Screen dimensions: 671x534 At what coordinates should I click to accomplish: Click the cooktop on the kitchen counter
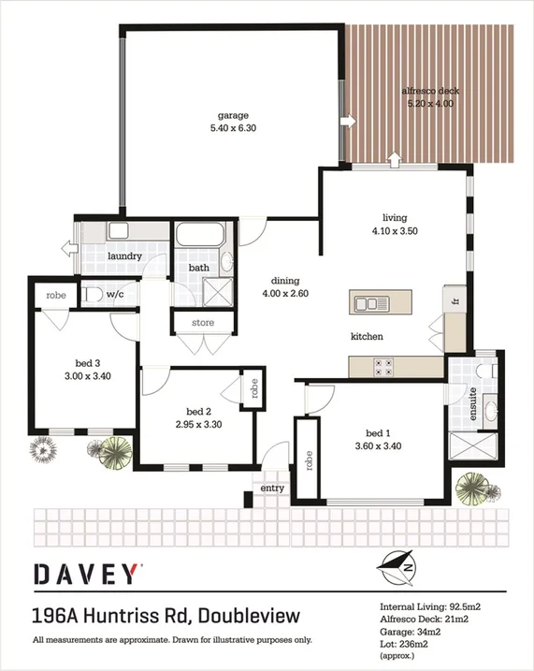click(x=383, y=366)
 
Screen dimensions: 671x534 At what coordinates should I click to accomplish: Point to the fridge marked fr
click(x=455, y=302)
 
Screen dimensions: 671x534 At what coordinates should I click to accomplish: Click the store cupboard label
click(x=202, y=323)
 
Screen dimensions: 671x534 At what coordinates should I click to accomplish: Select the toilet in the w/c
click(x=91, y=294)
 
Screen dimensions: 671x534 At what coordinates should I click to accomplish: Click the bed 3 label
click(x=89, y=365)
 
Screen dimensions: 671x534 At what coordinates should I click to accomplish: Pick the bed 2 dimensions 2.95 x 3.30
click(x=198, y=424)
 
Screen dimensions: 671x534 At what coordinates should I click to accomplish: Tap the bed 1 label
click(x=379, y=432)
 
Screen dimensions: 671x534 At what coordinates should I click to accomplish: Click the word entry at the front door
click(x=272, y=488)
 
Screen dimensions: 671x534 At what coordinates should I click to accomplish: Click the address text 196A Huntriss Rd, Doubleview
click(x=166, y=616)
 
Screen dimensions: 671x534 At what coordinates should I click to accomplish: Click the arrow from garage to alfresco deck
click(x=346, y=120)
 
